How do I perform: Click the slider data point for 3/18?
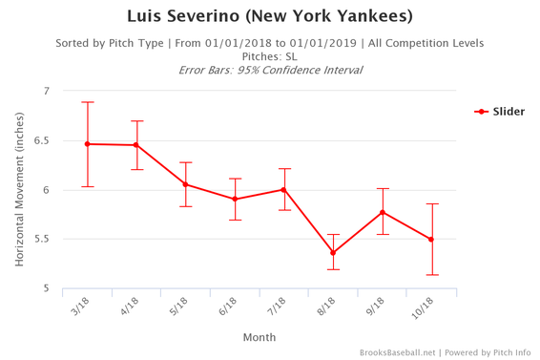point(88,144)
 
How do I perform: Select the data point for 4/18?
point(136,145)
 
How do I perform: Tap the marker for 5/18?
point(186,184)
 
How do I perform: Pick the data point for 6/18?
point(235,200)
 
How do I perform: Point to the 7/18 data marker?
point(284,189)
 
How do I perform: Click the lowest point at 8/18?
point(333,253)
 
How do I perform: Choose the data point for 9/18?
point(383,212)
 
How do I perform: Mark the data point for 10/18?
point(431,240)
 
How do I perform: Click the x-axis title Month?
point(260,336)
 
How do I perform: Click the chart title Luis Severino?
point(270,17)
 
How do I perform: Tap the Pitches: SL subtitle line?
point(270,56)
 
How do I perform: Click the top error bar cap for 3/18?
point(88,102)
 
